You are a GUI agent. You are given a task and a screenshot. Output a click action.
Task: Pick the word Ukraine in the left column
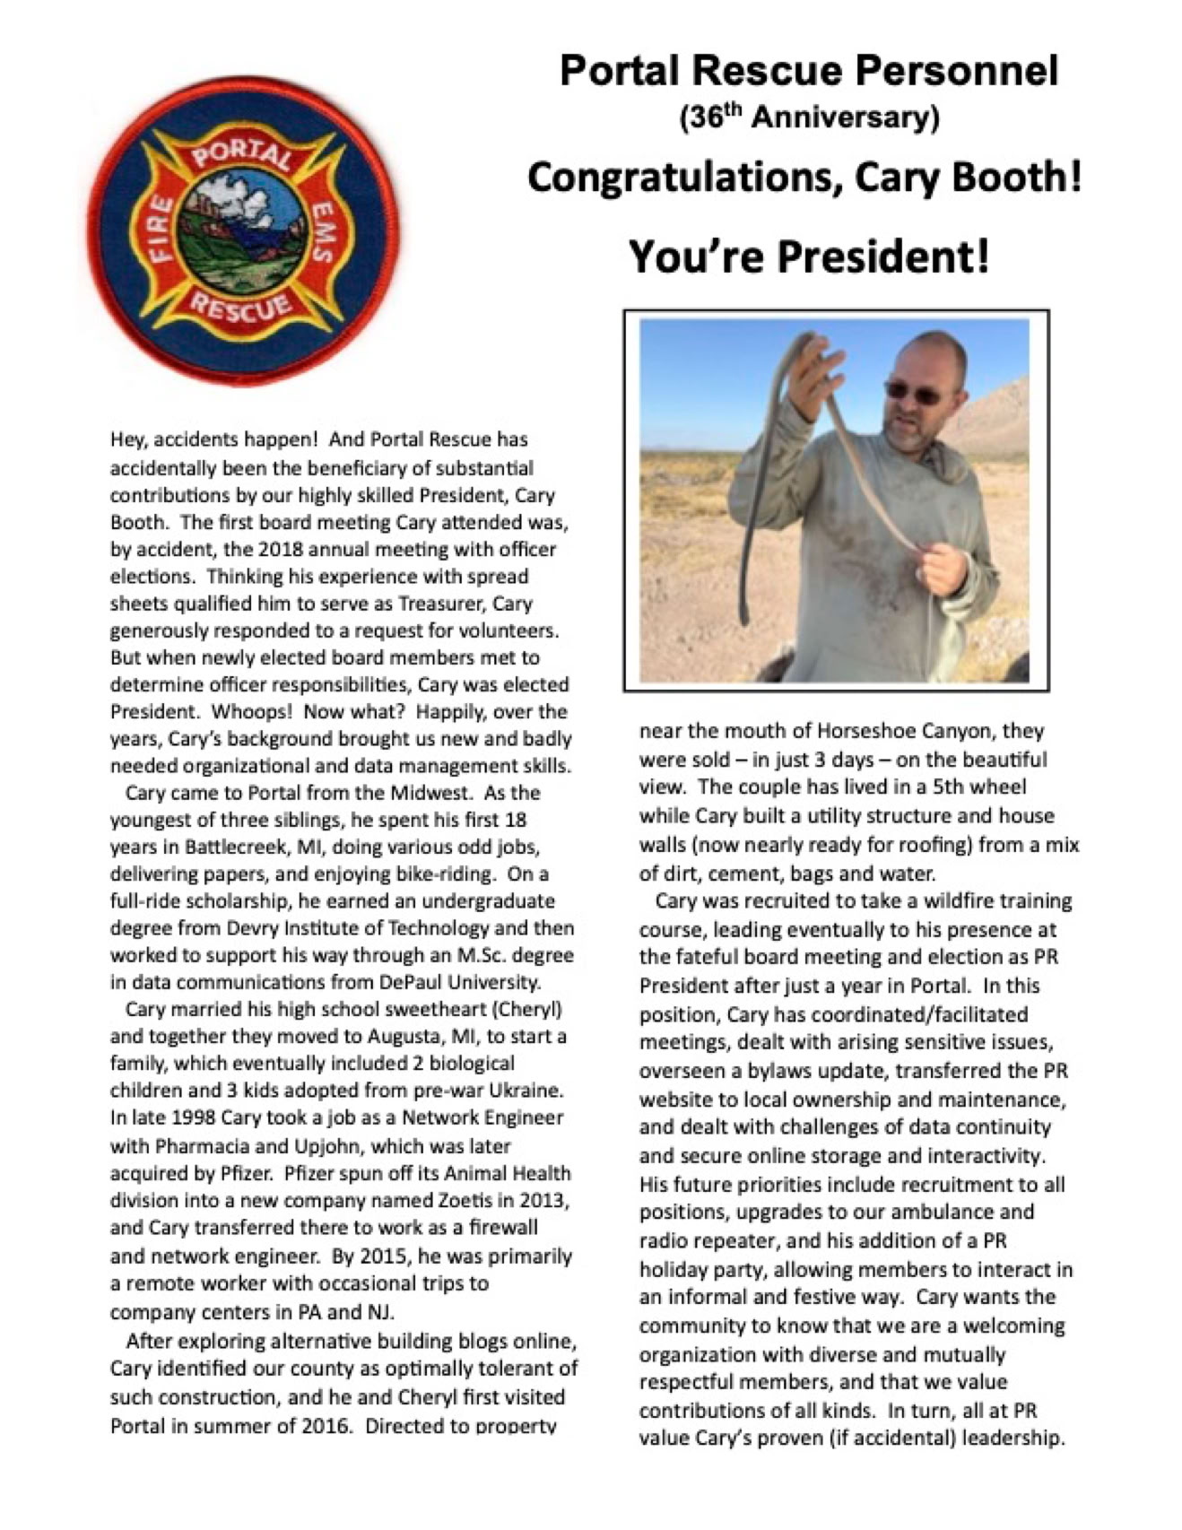(527, 1091)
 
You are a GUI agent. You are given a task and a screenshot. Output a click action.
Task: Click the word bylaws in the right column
(778, 1071)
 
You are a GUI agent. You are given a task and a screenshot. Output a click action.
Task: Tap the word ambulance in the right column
(940, 1212)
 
